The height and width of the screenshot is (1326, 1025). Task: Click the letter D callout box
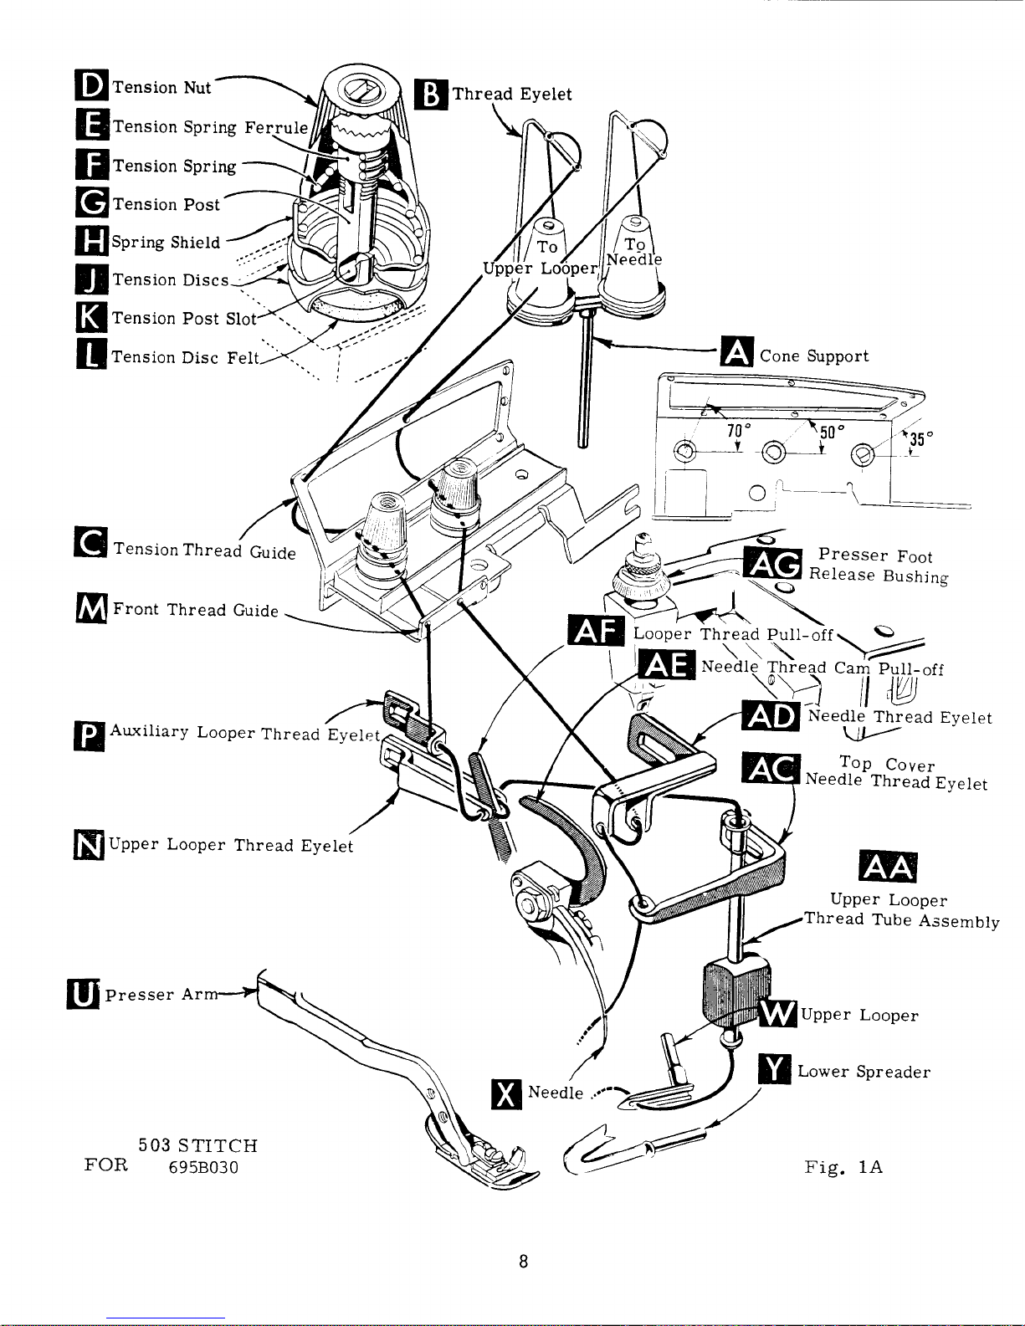pyautogui.click(x=91, y=87)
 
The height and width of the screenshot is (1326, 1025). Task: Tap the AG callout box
pyautogui.click(x=775, y=564)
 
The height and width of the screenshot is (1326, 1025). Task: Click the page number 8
pyautogui.click(x=522, y=1262)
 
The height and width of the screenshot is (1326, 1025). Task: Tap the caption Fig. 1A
pyautogui.click(x=843, y=1167)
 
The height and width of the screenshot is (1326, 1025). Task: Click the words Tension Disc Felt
pyautogui.click(x=187, y=357)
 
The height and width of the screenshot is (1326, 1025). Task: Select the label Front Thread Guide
pyautogui.click(x=195, y=610)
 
